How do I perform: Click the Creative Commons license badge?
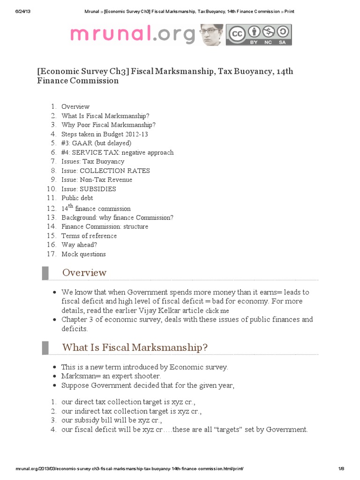tap(259, 35)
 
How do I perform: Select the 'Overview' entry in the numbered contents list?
tap(75, 106)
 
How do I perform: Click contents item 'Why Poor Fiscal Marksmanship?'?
tap(108, 125)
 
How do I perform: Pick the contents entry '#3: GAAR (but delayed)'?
tap(96, 143)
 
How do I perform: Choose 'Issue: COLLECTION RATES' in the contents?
tap(105, 171)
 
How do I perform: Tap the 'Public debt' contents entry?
tap(77, 198)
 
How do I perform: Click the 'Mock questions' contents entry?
tap(83, 254)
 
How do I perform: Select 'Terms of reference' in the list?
tap(89, 236)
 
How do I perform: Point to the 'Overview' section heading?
tap(84, 272)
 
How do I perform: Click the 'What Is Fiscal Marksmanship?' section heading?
tap(135, 347)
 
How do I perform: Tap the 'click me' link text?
tap(217, 311)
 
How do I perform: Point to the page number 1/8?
tap(341, 469)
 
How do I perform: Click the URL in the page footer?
tap(129, 469)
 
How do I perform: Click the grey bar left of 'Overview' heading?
tap(45, 272)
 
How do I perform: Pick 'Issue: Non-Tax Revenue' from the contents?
tap(97, 180)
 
